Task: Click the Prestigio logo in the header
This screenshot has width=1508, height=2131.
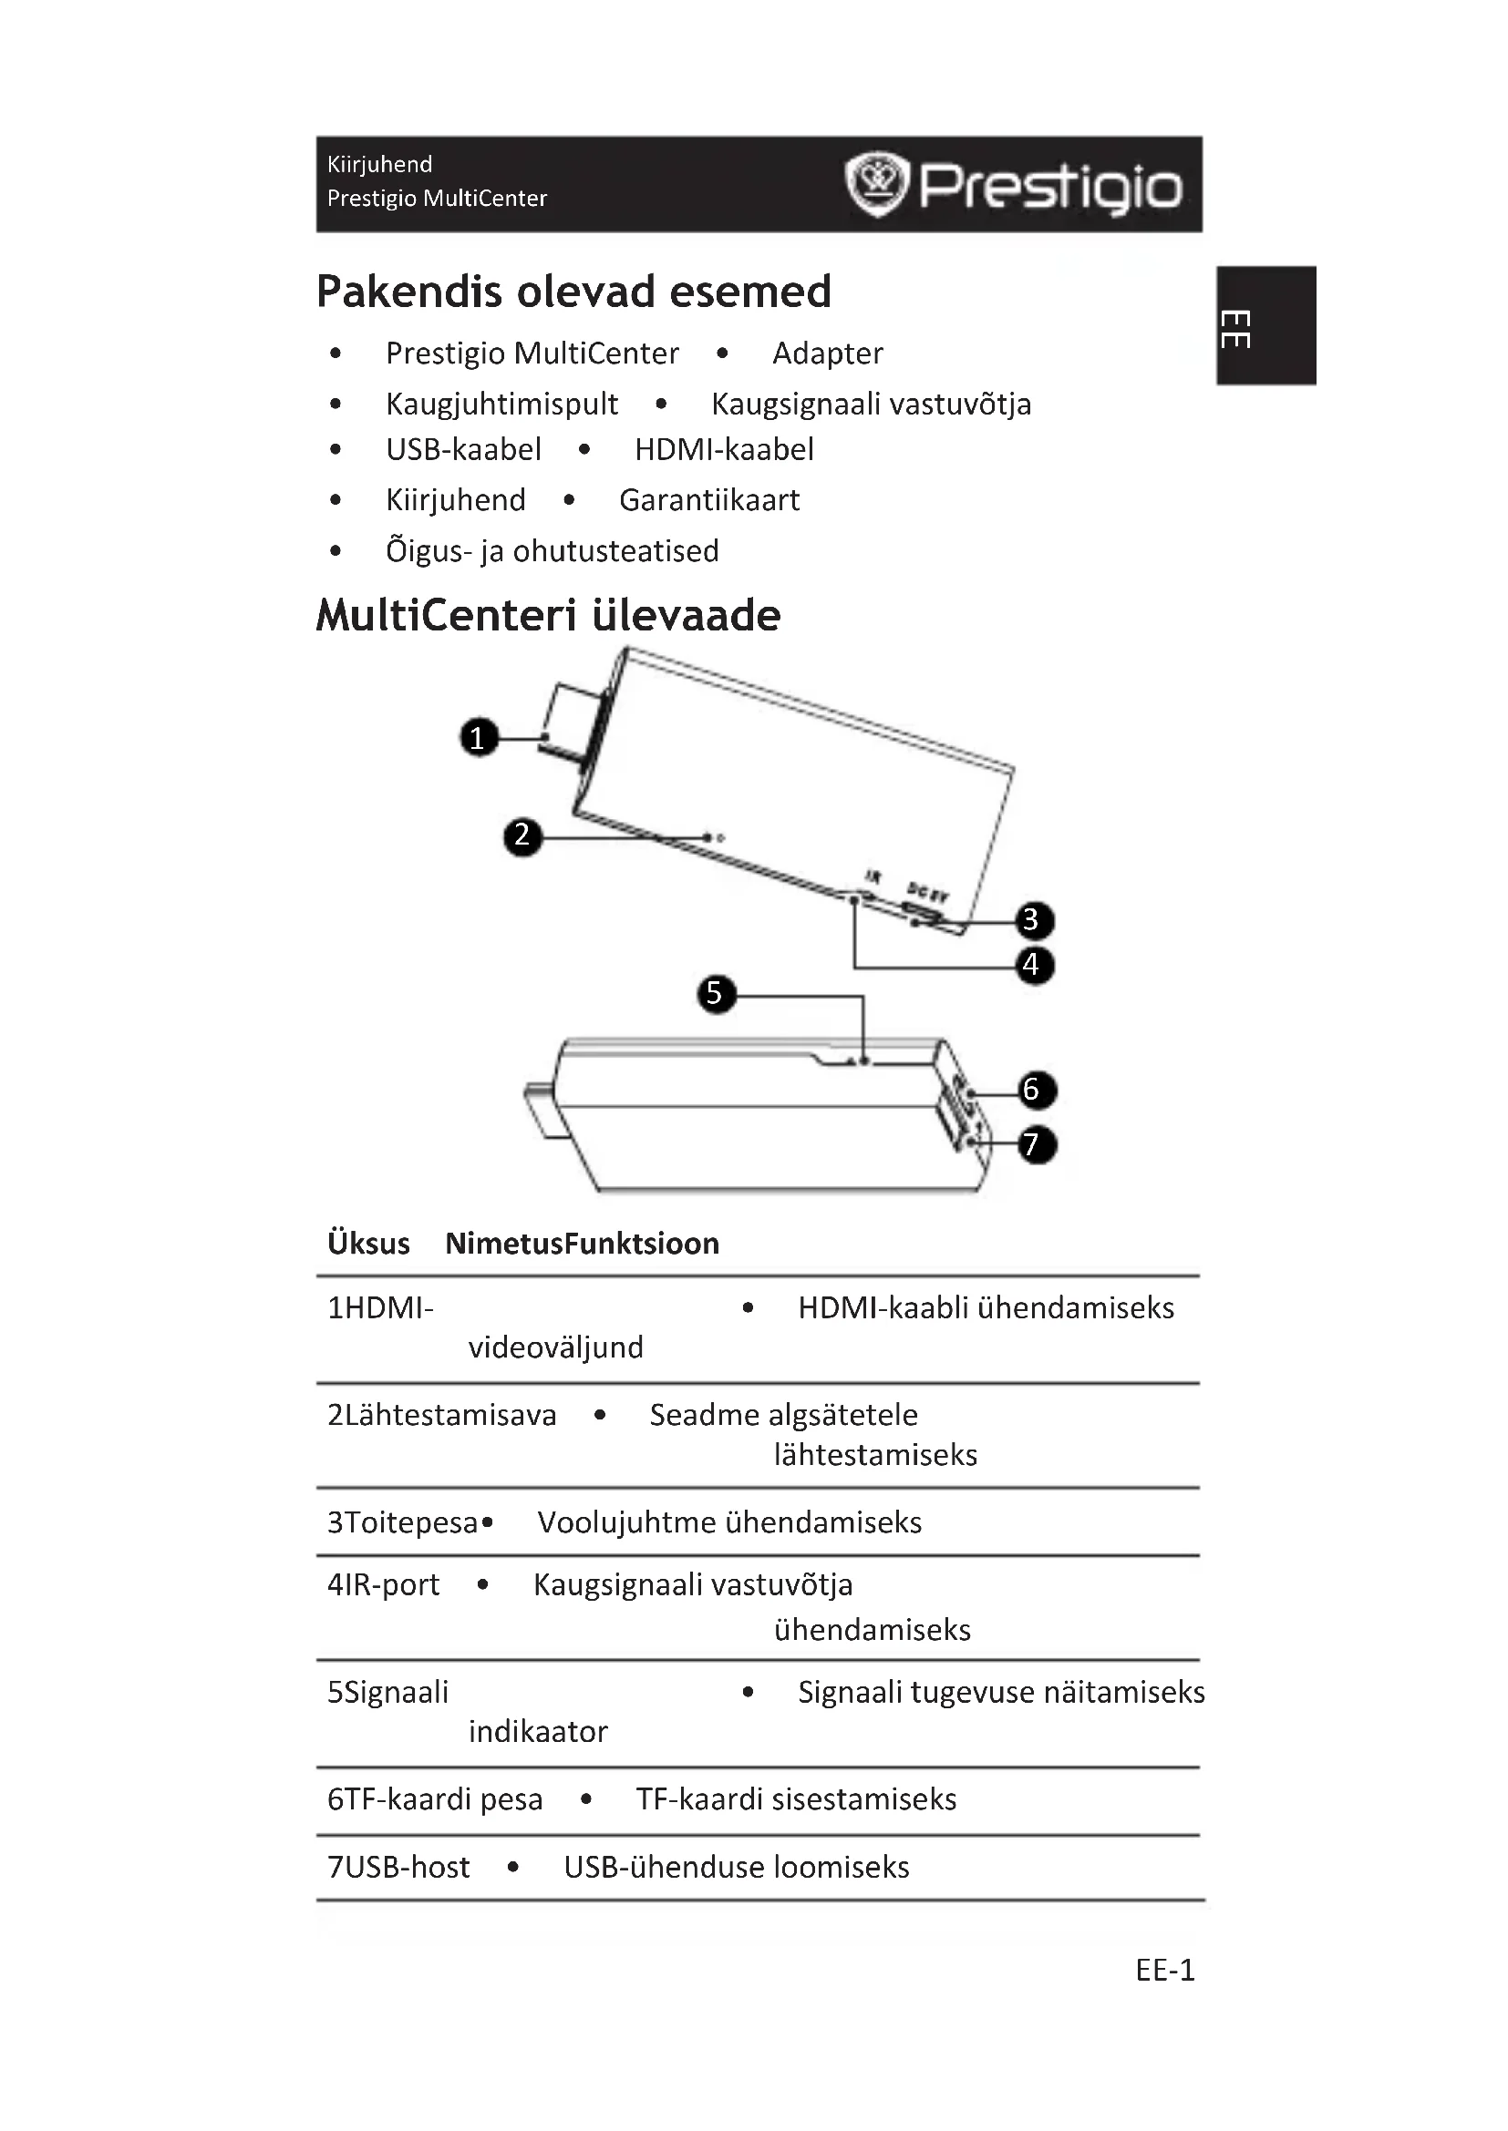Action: (x=1013, y=185)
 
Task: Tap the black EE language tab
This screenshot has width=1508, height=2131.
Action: (x=1266, y=326)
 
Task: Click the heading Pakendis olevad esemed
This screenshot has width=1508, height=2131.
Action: (x=573, y=292)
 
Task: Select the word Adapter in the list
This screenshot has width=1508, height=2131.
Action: (x=827, y=353)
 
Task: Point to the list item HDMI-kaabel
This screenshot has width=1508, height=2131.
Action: (x=723, y=450)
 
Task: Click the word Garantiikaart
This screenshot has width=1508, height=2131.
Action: (x=708, y=500)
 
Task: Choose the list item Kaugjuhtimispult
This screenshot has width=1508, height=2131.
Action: (x=501, y=405)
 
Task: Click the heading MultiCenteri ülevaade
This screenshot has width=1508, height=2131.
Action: (x=548, y=615)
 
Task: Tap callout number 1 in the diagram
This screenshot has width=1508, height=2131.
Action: (x=480, y=738)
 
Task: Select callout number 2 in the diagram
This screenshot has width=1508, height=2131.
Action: (x=522, y=836)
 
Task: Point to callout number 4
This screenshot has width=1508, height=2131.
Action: (x=1032, y=965)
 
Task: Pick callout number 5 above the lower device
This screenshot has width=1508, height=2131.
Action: (x=715, y=994)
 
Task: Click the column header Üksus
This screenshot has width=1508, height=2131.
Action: (x=367, y=1244)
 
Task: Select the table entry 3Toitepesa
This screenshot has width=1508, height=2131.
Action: (x=402, y=1523)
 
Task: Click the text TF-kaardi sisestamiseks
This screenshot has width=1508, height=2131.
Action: (x=796, y=1799)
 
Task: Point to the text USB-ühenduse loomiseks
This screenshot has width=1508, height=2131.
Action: (x=737, y=1868)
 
